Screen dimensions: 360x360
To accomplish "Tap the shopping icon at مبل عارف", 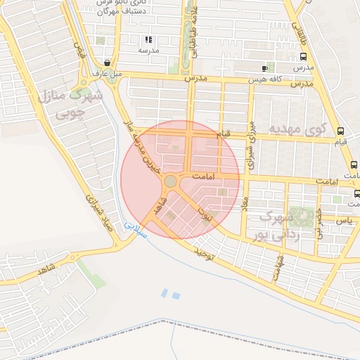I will [106, 63].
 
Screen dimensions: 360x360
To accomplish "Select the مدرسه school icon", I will [148, 40].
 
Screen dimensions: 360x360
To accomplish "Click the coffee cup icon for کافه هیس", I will [264, 68].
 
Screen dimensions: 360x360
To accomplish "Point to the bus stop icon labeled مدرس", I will [303, 56].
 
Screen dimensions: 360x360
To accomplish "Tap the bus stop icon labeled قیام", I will [341, 130].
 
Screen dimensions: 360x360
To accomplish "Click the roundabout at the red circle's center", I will [171, 181].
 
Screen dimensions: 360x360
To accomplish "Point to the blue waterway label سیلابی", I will [136, 229].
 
